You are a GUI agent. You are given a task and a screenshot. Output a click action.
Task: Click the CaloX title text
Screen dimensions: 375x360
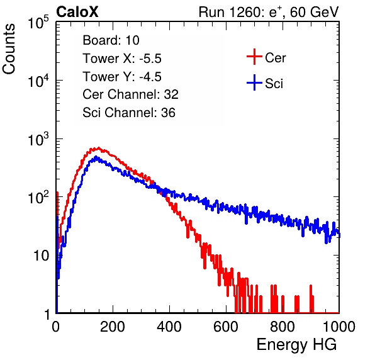click(x=77, y=12)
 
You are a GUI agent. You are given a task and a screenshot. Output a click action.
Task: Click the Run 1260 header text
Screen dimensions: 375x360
click(x=269, y=12)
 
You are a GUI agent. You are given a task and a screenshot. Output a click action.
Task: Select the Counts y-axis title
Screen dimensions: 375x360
click(x=9, y=49)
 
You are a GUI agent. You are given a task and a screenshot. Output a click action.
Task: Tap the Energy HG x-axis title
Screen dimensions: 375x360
click(x=296, y=345)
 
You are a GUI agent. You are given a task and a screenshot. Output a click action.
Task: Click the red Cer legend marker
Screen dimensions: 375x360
click(x=254, y=57)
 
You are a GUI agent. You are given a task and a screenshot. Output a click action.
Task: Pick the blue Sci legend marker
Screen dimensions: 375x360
click(x=254, y=83)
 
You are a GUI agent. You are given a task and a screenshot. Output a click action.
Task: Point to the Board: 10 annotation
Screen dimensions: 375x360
click(x=111, y=40)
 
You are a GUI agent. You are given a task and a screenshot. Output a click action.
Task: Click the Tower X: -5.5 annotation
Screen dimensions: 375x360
click(x=122, y=59)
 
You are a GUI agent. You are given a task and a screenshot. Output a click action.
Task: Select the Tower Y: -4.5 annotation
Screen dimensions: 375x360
click(x=122, y=77)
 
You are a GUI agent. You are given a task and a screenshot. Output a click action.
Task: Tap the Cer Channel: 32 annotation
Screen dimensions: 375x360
click(x=131, y=94)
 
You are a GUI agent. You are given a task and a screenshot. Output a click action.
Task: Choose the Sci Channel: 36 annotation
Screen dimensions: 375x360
click(x=129, y=113)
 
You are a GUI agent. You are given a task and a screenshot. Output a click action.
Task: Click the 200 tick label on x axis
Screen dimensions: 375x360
click(x=113, y=327)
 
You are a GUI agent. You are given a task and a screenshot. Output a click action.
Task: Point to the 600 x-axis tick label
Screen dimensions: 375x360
click(x=226, y=327)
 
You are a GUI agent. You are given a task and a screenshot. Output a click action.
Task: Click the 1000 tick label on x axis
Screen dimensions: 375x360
click(x=339, y=327)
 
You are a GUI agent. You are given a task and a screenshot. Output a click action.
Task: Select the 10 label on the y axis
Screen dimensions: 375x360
click(x=42, y=256)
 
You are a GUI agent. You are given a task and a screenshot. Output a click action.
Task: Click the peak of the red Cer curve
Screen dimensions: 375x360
click(x=98, y=148)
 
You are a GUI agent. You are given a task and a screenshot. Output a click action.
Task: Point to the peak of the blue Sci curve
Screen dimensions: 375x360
click(x=96, y=157)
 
